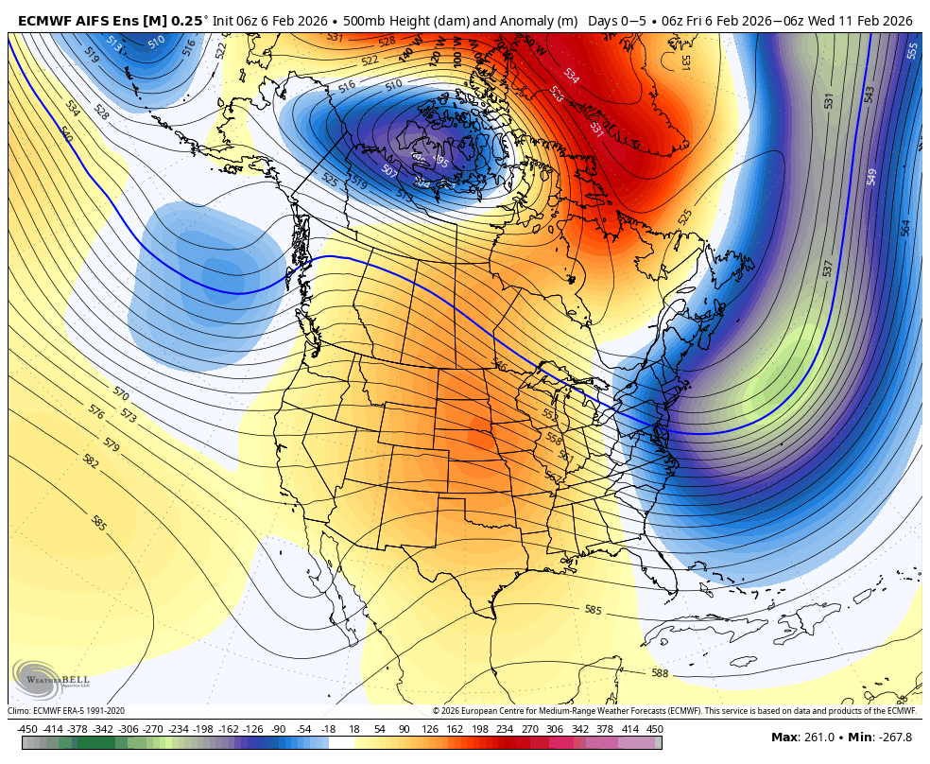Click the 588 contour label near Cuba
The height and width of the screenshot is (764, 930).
(660, 672)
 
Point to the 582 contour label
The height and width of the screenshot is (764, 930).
(91, 461)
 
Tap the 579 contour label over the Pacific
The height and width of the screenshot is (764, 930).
(112, 443)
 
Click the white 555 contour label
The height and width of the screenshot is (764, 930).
(912, 51)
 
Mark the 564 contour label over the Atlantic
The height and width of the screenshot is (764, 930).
(905, 228)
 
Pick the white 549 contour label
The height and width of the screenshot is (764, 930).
(871, 177)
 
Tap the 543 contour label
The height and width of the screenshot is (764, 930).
(870, 95)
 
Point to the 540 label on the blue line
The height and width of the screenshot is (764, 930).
(66, 134)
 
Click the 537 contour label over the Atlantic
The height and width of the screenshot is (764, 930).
(829, 269)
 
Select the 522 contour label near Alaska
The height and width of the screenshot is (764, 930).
(221, 50)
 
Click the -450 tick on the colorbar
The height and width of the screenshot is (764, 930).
(27, 729)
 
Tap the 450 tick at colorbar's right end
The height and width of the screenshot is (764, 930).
(655, 729)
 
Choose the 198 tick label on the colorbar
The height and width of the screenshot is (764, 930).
(479, 729)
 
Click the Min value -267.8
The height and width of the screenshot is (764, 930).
(893, 738)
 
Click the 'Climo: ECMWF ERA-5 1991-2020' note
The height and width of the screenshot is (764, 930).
(66, 711)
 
